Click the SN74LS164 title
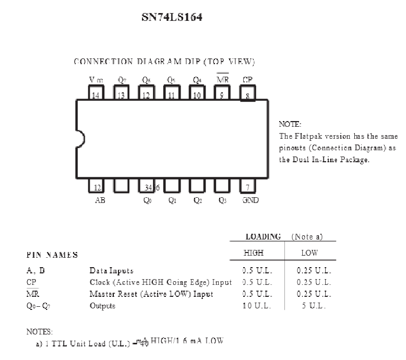point(172,17)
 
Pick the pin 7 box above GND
point(247,186)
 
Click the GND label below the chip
point(250,200)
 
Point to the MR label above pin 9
point(223,80)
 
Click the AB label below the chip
point(100,200)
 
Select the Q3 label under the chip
point(223,200)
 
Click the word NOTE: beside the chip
point(290,124)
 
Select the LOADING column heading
point(263,236)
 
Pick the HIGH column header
point(254,253)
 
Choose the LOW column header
point(309,253)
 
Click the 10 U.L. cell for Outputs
point(257,306)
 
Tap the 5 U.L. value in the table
point(313,306)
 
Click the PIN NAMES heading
point(52,255)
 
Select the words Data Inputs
point(111,271)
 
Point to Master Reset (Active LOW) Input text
point(151,294)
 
